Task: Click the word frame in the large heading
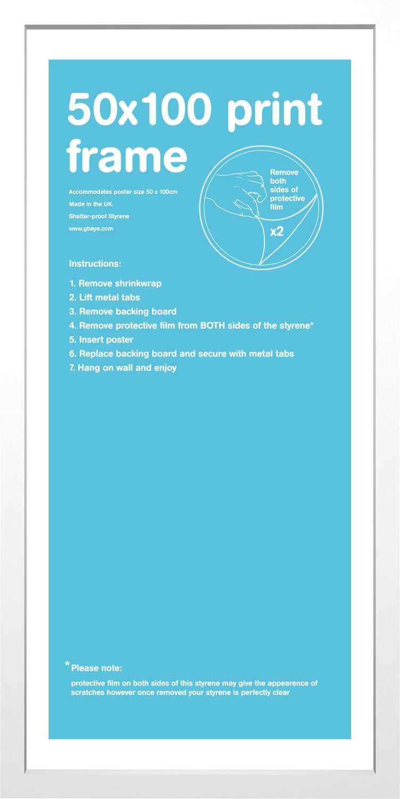(127, 156)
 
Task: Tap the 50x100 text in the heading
(137, 109)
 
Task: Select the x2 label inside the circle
(277, 232)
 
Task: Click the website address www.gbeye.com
(91, 229)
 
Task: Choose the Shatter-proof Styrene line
(99, 216)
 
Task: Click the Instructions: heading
(95, 264)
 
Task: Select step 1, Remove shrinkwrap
(115, 283)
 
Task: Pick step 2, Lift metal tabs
(105, 297)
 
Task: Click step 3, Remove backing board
(123, 312)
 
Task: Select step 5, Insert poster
(101, 340)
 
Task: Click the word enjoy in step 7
(165, 368)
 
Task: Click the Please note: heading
(96, 668)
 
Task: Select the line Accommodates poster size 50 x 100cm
(123, 192)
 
